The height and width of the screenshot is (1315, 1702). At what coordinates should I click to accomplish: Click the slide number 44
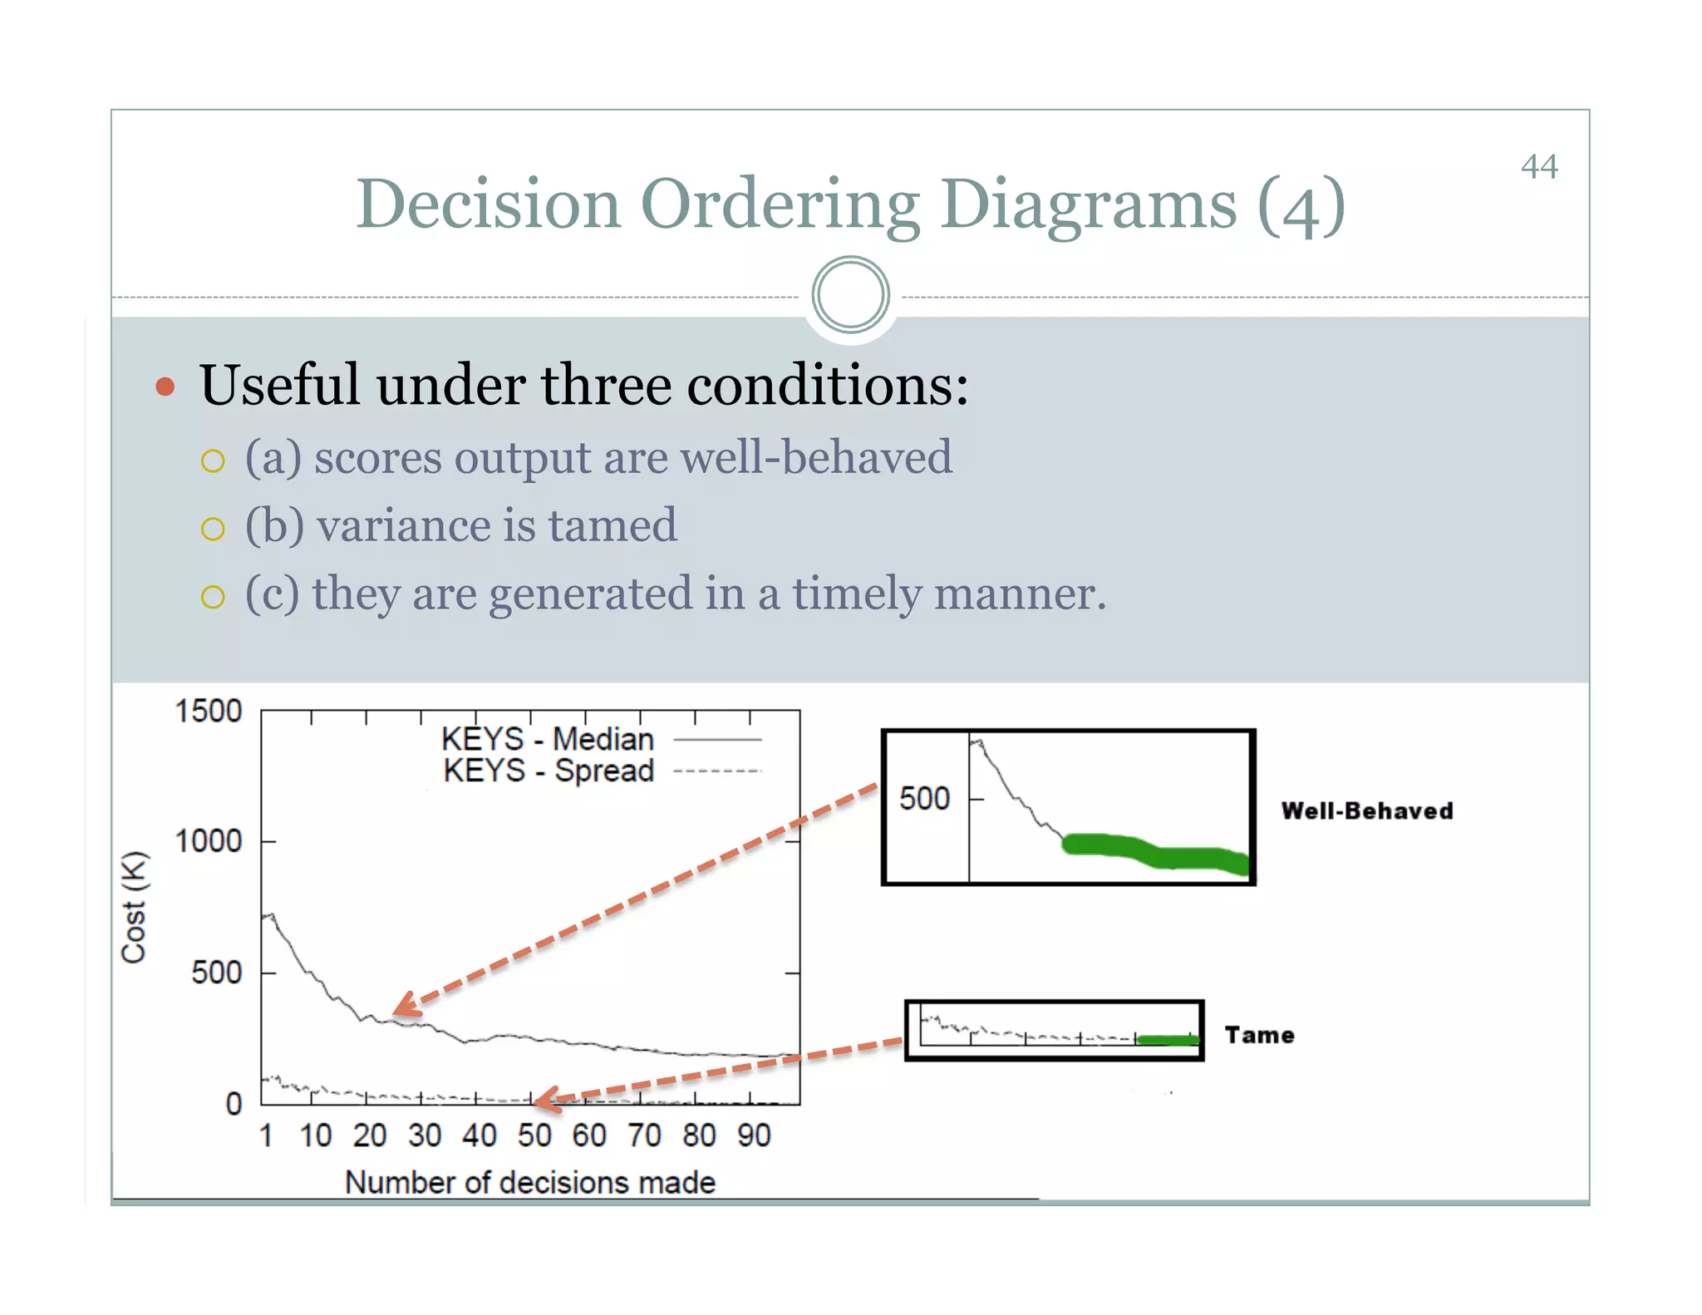(1538, 167)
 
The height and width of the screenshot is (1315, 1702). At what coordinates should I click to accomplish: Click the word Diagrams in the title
(1088, 204)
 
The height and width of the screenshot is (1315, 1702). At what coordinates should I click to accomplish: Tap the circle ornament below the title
(850, 295)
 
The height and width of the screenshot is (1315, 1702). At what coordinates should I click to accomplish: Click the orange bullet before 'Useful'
(165, 387)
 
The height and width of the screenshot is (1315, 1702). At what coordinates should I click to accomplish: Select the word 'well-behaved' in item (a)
(815, 457)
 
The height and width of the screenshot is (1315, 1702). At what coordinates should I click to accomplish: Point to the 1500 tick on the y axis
(208, 712)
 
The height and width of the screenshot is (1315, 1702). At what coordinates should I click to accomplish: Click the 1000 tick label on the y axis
(208, 841)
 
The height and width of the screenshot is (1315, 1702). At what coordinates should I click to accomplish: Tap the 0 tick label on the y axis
(234, 1104)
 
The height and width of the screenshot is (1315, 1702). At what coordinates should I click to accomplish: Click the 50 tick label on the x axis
(534, 1135)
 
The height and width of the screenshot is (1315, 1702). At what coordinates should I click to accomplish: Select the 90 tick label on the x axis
(754, 1135)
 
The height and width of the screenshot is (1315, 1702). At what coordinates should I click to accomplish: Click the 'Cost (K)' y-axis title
(134, 907)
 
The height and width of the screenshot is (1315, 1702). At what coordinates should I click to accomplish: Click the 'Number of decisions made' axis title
(530, 1182)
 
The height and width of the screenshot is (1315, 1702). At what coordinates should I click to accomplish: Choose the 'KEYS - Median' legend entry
(548, 739)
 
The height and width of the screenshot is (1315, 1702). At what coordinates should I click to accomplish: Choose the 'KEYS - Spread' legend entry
(548, 771)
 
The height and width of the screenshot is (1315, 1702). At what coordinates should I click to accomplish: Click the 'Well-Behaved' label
(1367, 811)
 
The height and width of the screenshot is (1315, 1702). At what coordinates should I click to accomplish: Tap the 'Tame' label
(1259, 1036)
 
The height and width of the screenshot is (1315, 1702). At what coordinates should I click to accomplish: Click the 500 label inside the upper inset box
(924, 799)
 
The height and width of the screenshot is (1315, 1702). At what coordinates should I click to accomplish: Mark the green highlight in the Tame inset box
(1168, 1040)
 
